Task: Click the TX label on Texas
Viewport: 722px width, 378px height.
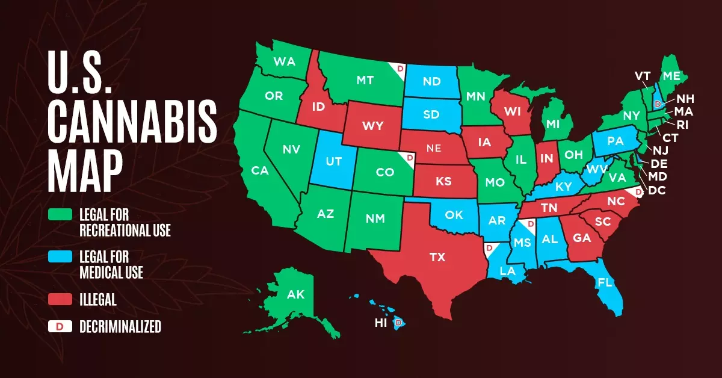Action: [x=437, y=257]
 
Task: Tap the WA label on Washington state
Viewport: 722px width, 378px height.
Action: [x=283, y=61]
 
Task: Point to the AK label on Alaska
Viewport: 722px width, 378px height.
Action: [x=295, y=295]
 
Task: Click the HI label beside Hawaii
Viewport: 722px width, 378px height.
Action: [x=381, y=323]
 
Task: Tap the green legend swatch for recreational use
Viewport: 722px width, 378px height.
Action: [x=61, y=215]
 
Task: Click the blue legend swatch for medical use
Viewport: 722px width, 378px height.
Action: [x=61, y=256]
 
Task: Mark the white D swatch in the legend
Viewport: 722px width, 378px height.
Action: [x=61, y=327]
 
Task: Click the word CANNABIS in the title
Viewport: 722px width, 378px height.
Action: [x=132, y=119]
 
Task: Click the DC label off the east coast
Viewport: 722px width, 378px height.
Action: [x=656, y=191]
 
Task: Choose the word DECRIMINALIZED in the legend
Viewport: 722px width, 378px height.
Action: [x=120, y=327]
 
